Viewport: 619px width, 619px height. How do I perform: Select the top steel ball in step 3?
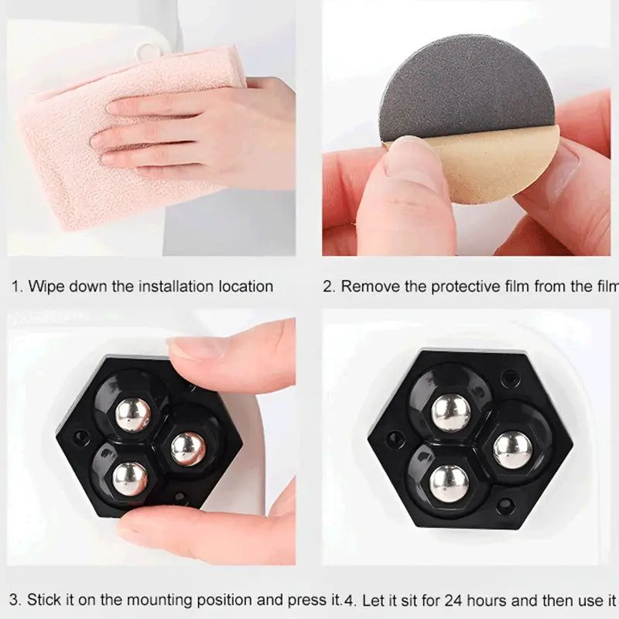click(x=133, y=414)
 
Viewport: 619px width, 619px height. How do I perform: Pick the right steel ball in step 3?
click(x=188, y=448)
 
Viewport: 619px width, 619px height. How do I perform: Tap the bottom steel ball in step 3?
click(x=129, y=479)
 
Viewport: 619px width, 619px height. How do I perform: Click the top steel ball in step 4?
click(x=451, y=411)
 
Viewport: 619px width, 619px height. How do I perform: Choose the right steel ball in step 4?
click(x=512, y=450)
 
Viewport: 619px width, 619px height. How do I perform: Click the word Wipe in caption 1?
click(x=46, y=286)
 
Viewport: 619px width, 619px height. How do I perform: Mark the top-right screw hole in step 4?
click(x=509, y=378)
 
